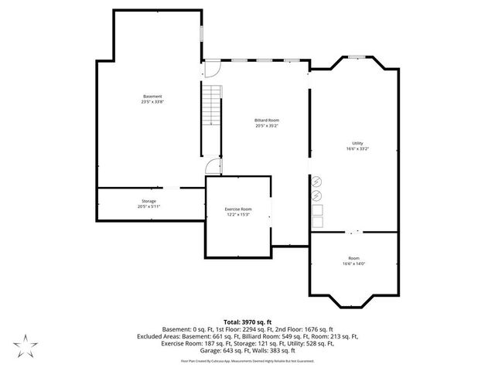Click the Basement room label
tap(152, 96)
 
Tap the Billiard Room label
tap(267, 121)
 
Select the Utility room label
tap(357, 143)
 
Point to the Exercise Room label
tap(238, 209)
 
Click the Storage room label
tap(148, 201)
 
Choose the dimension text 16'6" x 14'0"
tap(353, 264)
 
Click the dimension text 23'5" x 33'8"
tap(152, 102)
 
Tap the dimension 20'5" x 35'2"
tap(267, 126)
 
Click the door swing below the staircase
tap(214, 167)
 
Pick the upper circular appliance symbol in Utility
tap(316, 182)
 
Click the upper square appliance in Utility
tap(317, 209)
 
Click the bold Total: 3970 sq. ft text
tap(247, 321)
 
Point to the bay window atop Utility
tap(356, 56)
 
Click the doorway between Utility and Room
tap(353, 230)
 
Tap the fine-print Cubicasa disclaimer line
tap(247, 361)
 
